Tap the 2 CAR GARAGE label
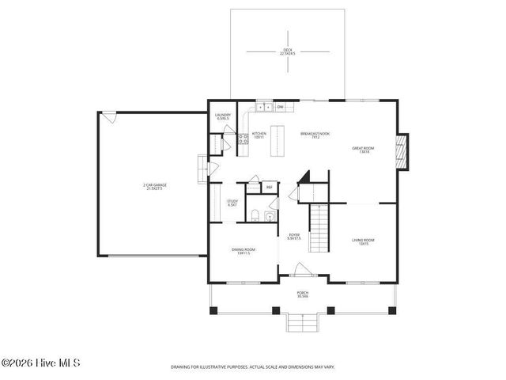(155, 186)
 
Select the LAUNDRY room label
(223, 116)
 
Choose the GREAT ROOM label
(364, 150)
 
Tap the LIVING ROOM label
(363, 241)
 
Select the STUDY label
(232, 203)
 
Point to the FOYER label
(293, 235)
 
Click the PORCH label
(303, 294)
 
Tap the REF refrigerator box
(269, 188)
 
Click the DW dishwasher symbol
(280, 106)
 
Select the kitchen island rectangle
(277, 142)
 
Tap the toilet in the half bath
(252, 216)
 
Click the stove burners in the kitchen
(243, 141)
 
